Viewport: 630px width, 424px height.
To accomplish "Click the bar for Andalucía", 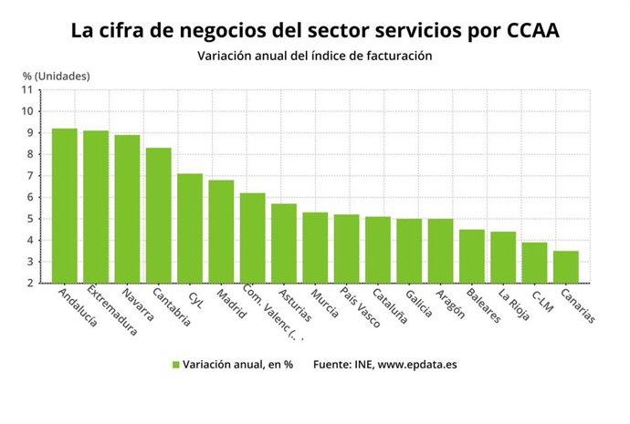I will [64, 206].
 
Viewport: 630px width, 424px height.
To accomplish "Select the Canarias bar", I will [565, 267].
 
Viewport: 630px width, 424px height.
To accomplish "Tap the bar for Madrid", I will [221, 232].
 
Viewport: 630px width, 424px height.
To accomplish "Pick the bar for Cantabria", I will [158, 215].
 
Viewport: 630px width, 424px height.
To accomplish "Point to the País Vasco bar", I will [346, 249].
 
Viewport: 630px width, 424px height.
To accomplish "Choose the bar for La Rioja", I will [503, 257].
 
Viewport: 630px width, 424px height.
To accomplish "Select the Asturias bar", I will [284, 243].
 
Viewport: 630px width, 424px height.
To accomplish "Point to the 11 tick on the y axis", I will [26, 89].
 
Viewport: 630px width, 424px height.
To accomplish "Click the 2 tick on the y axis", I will [29, 284].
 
